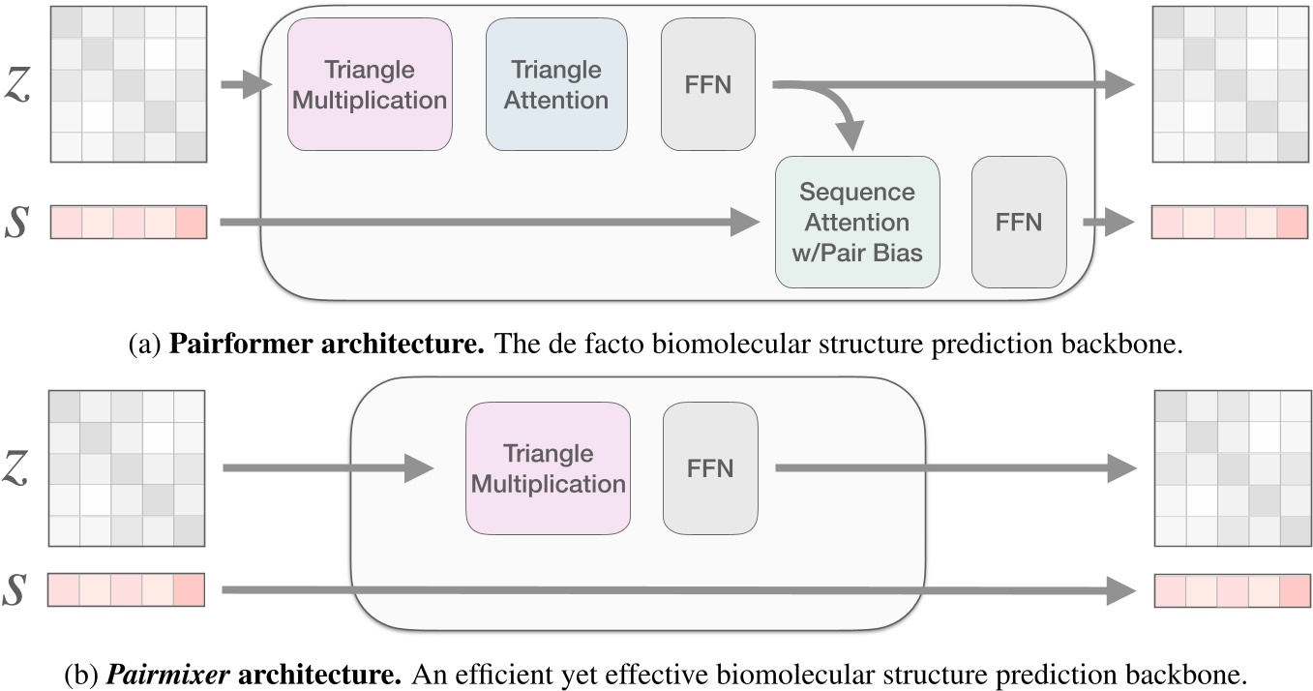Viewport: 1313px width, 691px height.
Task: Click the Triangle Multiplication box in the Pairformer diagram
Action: (370, 85)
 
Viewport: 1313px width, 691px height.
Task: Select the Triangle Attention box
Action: (555, 85)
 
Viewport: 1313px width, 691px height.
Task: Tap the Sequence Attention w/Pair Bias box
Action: (856, 223)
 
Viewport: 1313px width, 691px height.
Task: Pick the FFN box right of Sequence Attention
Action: (1018, 223)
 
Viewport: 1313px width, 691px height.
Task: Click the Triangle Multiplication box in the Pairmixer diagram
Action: (548, 468)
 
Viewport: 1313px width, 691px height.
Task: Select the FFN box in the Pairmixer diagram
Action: (710, 468)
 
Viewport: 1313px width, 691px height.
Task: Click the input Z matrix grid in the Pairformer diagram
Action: (129, 83)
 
